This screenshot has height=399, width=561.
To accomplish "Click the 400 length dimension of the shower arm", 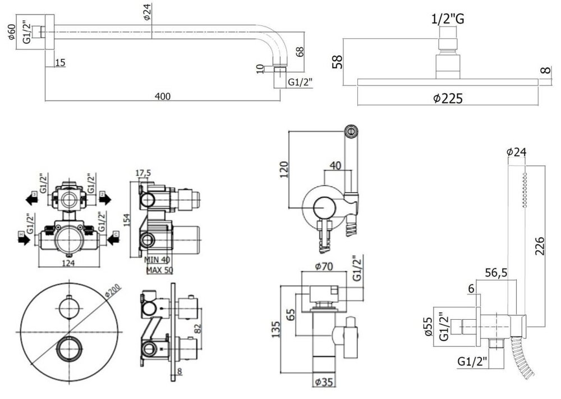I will pyautogui.click(x=162, y=96).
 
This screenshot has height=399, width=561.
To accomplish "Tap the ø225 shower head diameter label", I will pyautogui.click(x=447, y=98).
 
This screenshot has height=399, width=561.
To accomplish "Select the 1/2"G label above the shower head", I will pyautogui.click(x=447, y=19).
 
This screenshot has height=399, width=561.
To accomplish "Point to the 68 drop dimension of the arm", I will pyautogui.click(x=300, y=52).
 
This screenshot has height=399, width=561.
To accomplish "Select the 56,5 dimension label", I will pyautogui.click(x=496, y=273).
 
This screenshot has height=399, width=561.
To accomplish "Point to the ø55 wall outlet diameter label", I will pyautogui.click(x=428, y=325).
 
